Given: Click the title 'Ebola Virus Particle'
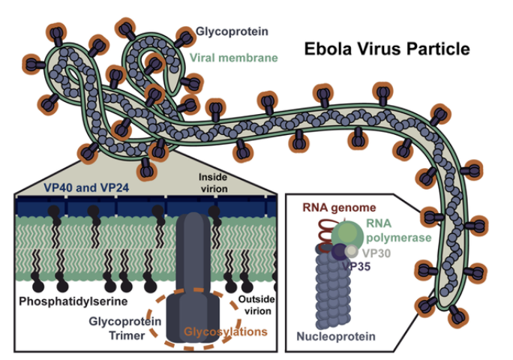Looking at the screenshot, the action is pos(387,49).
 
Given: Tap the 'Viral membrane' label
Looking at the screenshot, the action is pos(233,58).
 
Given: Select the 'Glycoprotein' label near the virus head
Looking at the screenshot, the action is pos(232,31).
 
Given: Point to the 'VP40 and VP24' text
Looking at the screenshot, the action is pos(86,187).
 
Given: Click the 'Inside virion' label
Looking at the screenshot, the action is pos(213,182).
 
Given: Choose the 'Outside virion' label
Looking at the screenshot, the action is pos(256,305).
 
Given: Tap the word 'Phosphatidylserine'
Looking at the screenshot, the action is pos(73,301).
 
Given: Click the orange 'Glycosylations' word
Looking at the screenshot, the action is pos(226,331).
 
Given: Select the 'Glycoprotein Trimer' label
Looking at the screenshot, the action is pos(125,328).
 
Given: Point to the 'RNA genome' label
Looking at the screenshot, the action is pos(339,208).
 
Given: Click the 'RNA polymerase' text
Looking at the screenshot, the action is pos(398,230).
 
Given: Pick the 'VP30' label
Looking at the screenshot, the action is pos(376,253).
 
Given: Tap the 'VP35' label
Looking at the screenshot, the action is pos(356,267).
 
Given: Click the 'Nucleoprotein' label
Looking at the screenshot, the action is pos(336,337).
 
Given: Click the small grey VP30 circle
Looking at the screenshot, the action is pos(352,251).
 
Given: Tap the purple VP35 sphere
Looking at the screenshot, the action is pos(340,252).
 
